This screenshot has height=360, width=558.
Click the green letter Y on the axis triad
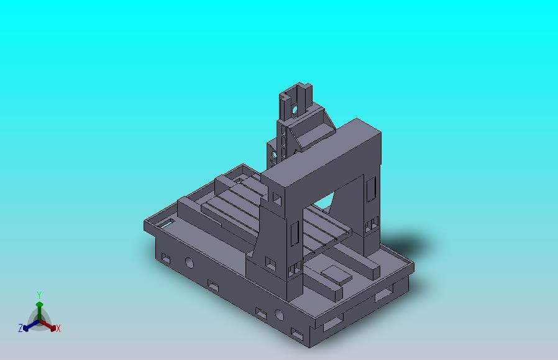[x=39, y=295]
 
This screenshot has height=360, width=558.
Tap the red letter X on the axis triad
[x=58, y=328]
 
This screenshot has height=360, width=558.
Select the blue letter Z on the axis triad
[x=21, y=328]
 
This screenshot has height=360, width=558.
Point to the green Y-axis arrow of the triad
[x=39, y=309]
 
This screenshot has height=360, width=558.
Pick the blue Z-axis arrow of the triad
[x=29, y=325]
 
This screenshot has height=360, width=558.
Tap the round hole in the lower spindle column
[x=274, y=152]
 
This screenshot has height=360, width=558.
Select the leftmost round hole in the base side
[x=189, y=264]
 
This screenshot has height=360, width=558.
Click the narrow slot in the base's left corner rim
[x=167, y=221]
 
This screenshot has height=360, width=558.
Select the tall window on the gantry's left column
[x=295, y=233]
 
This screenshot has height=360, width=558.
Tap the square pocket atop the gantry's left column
[x=277, y=199]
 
